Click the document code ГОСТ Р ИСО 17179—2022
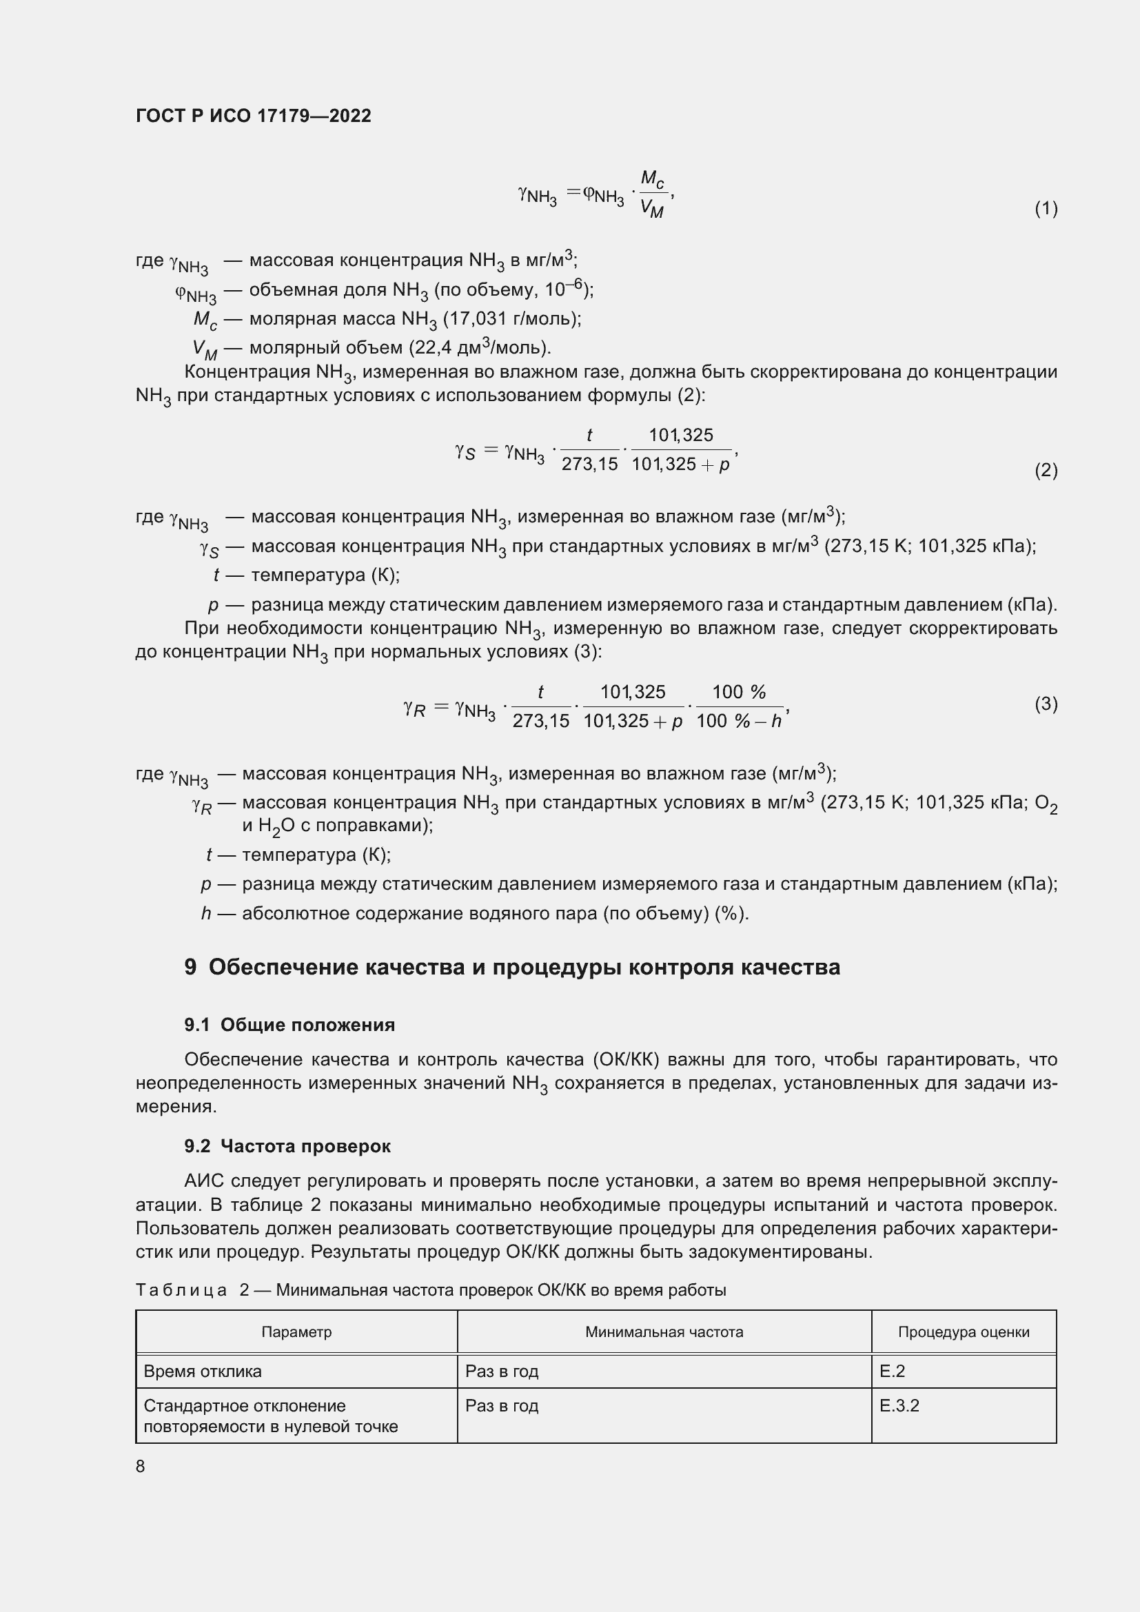coord(254,116)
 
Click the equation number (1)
coord(1046,209)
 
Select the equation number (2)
coord(1046,471)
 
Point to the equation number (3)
coord(1046,704)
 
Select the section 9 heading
coord(511,968)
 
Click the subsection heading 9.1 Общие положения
coord(289,1025)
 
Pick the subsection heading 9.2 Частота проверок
coord(287,1147)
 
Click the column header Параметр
coord(296,1332)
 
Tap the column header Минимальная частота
coord(664,1332)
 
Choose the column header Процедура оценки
coord(963,1332)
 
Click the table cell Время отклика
coord(202,1371)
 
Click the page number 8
coord(141,1466)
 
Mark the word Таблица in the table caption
coord(181,1290)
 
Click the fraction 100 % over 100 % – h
coord(739,707)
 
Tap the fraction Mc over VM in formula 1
coord(652,194)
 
